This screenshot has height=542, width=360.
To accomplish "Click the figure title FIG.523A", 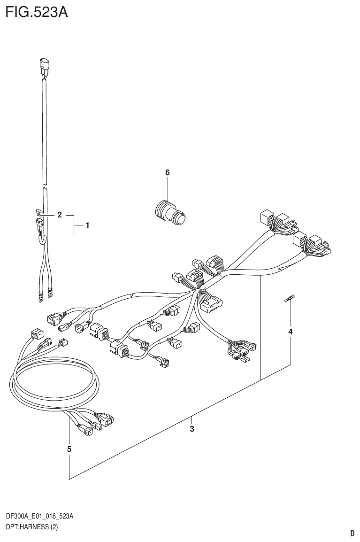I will click(x=37, y=12).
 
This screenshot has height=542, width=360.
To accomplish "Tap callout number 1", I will click(x=87, y=225).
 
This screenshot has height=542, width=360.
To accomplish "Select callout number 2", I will click(x=60, y=215).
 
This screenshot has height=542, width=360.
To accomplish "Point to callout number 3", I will click(x=192, y=428).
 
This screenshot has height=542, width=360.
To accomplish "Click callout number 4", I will click(x=290, y=332).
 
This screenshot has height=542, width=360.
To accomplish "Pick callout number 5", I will click(x=69, y=449).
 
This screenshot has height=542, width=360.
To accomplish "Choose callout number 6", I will click(x=167, y=173).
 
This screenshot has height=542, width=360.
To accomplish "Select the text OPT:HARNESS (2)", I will click(x=31, y=527).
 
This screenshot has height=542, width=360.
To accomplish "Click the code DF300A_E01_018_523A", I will click(x=39, y=517).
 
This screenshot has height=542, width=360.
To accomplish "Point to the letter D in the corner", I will click(x=352, y=533).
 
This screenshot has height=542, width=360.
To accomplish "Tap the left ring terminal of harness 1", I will click(x=38, y=296).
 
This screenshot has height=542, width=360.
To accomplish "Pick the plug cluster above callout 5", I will click(x=96, y=421).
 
